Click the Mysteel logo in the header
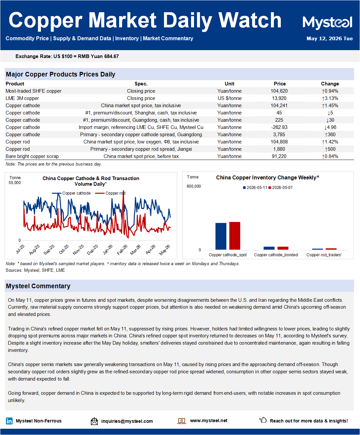tap(327, 22)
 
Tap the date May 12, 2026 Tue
tap(330, 39)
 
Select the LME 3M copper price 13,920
tap(279, 98)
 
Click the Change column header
tap(330, 84)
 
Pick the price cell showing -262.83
tap(279, 127)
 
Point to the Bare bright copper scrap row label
tap(32, 156)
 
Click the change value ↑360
tap(330, 135)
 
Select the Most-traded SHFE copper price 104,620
tap(279, 91)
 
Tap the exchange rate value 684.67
tap(112, 56)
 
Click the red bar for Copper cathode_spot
tap(235, 235)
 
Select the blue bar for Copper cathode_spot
tap(221, 236)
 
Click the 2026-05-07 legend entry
tap(280, 188)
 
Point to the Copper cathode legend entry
tap(71, 193)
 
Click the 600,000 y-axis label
tap(194, 186)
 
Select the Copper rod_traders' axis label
tap(324, 255)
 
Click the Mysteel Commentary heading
tap(38, 286)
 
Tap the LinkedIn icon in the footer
tap(9, 421)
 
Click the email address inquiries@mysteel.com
tap(127, 421)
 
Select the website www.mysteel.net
tap(209, 420)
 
